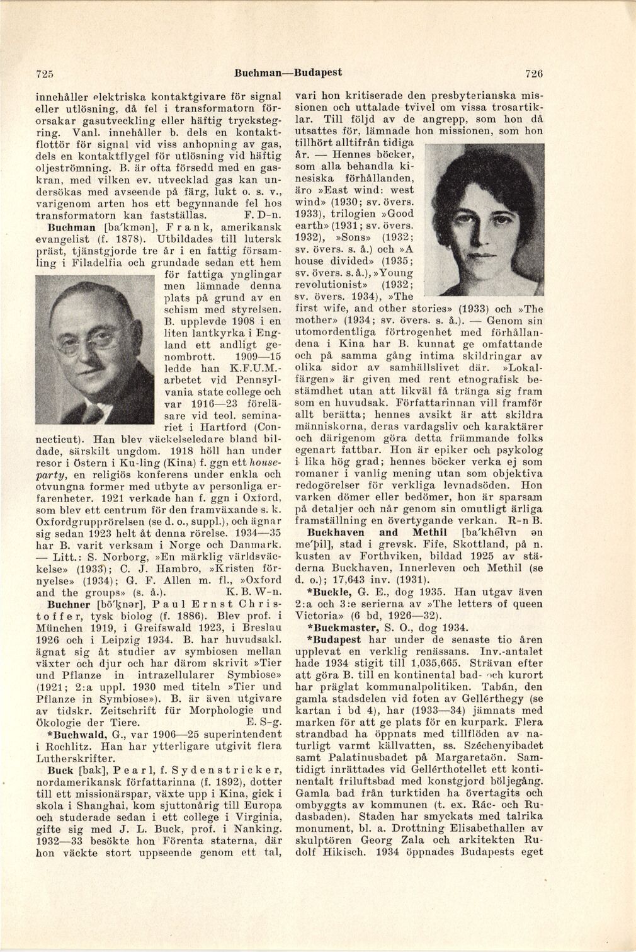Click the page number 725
(42, 73)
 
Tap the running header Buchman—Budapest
(288, 72)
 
